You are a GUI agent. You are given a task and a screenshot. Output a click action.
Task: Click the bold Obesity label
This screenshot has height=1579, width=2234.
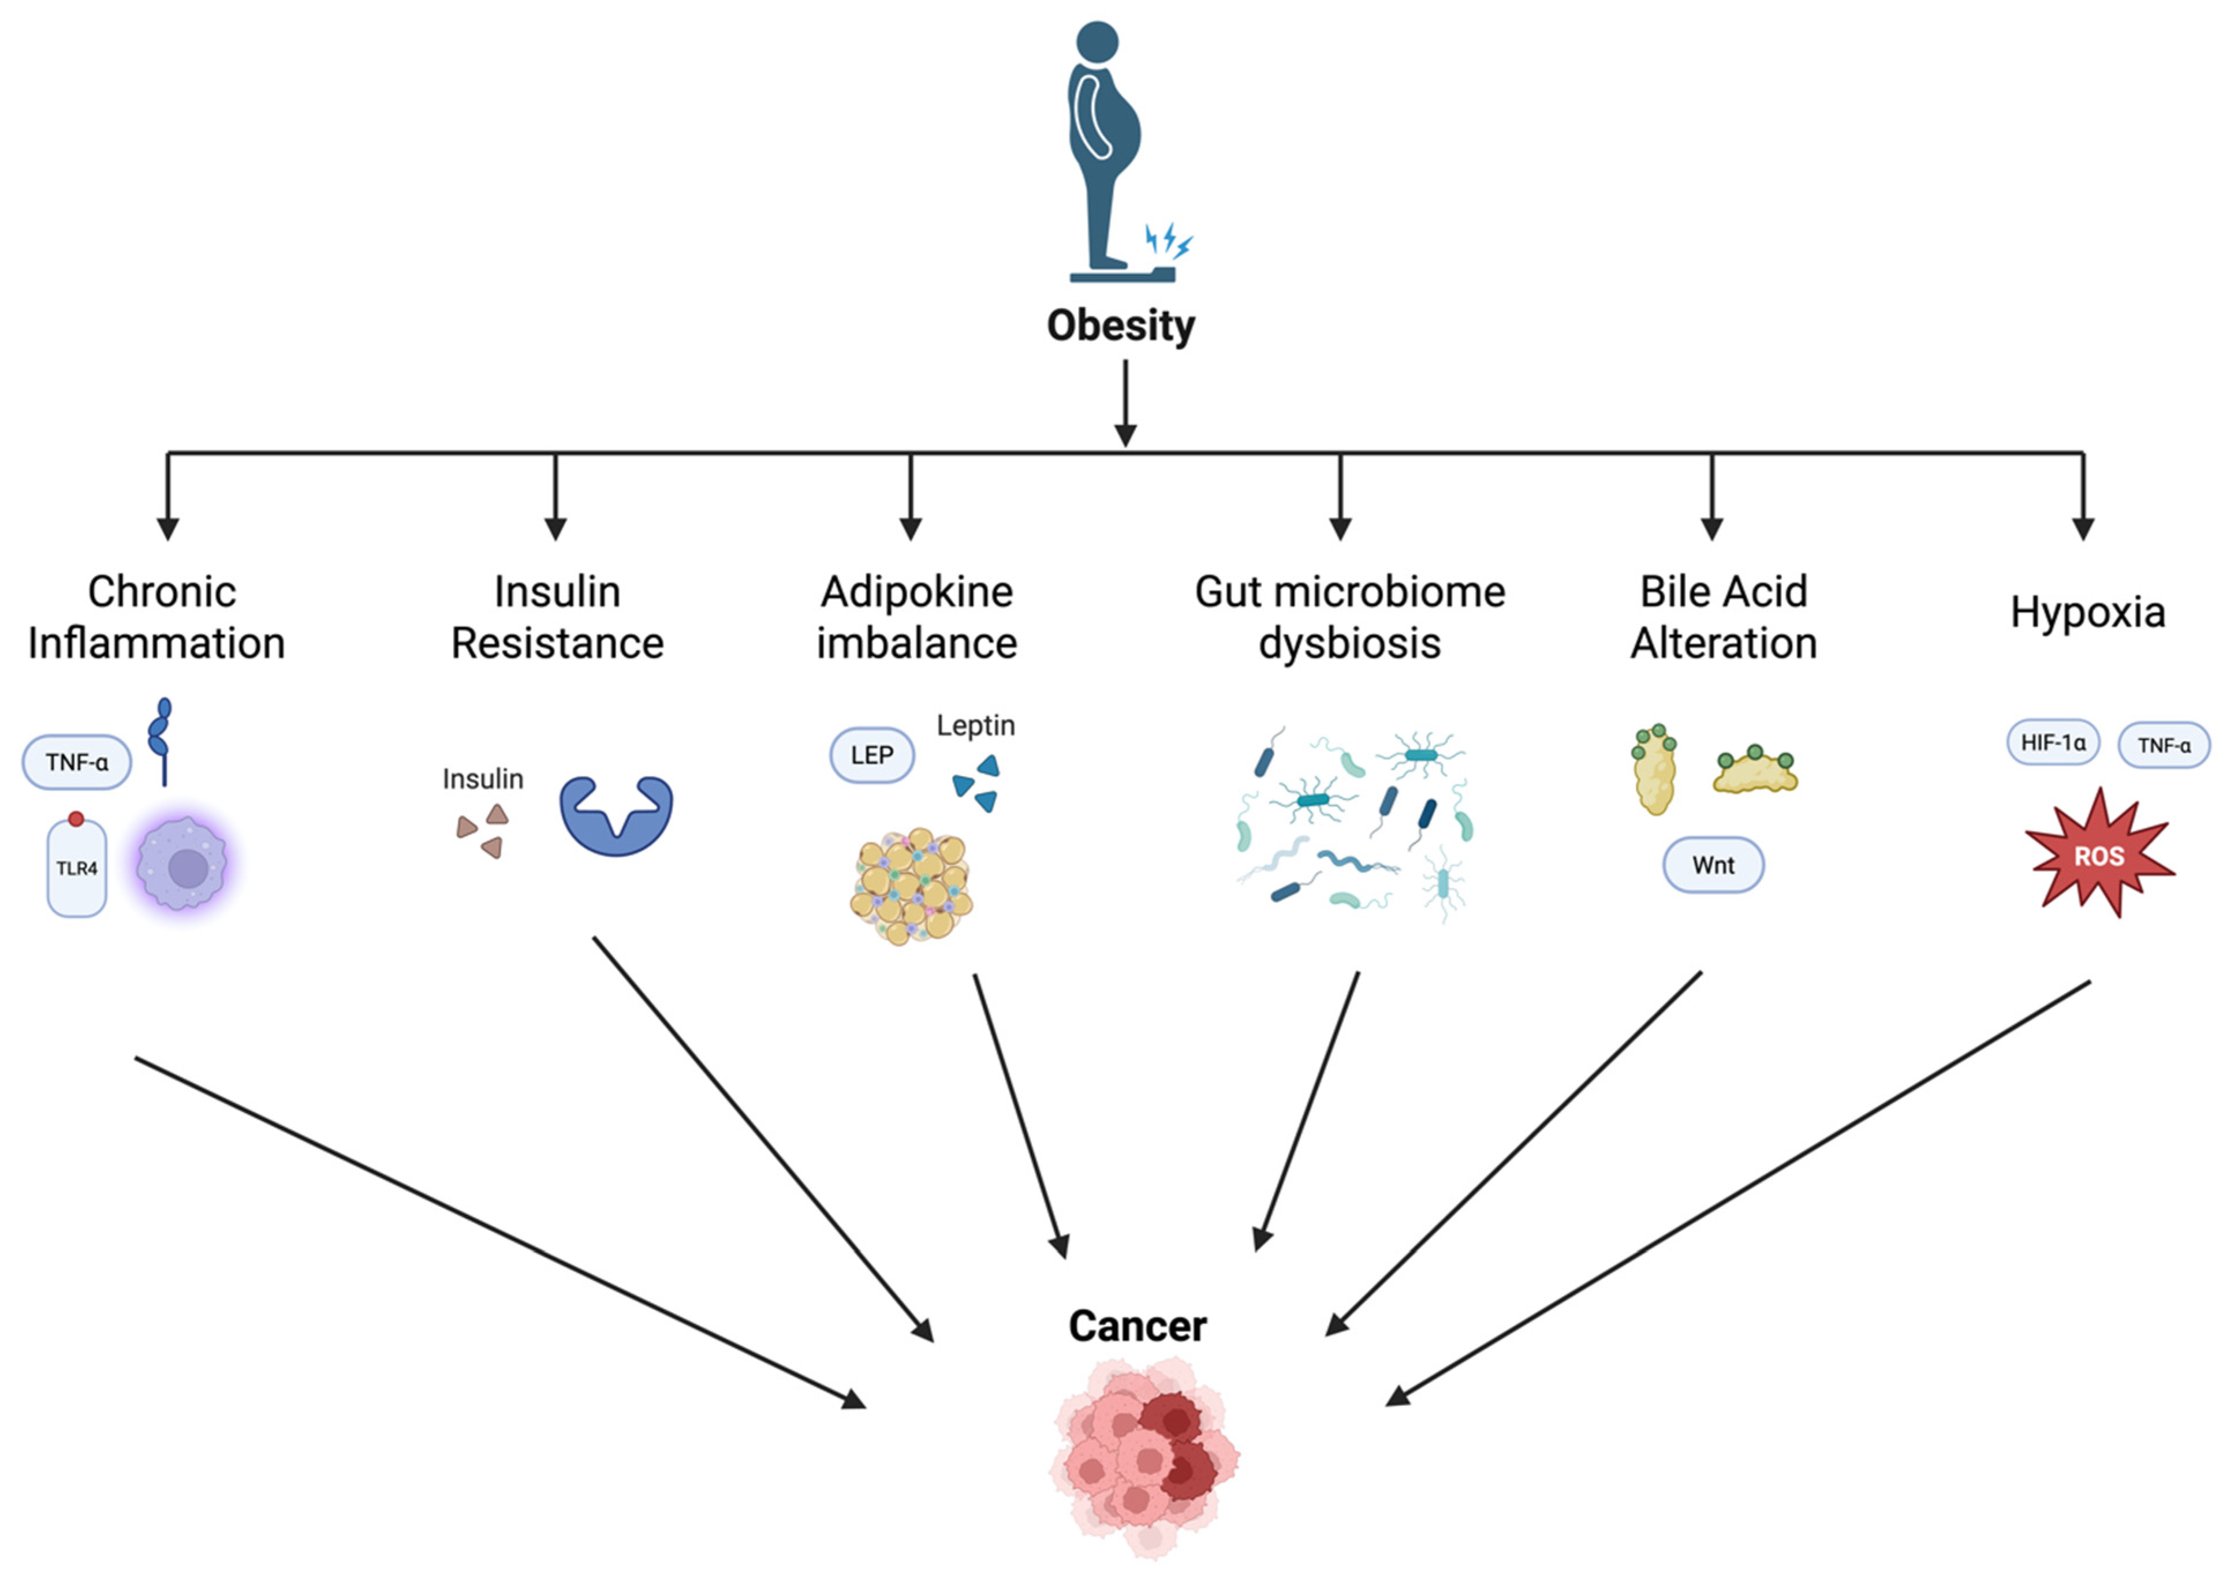(1120, 326)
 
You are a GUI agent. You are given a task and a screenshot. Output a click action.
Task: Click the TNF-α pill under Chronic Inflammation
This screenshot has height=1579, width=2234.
(77, 761)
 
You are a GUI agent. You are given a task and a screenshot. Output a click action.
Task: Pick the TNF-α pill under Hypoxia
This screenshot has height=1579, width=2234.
(2164, 745)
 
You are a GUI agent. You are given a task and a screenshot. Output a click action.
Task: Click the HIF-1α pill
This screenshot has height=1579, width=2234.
(2053, 742)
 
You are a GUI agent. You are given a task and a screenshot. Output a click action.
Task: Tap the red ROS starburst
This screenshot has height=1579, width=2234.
(2099, 854)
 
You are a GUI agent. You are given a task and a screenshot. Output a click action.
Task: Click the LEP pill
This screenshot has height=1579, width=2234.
(872, 755)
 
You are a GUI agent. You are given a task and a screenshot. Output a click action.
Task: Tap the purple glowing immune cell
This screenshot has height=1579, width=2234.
(183, 864)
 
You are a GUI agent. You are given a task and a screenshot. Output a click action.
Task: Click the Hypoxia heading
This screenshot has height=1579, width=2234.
(2088, 612)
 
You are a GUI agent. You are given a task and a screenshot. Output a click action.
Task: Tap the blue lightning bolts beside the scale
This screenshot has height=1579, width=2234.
(1168, 240)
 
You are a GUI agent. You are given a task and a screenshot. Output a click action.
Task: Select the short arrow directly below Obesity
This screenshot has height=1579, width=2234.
(1126, 403)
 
